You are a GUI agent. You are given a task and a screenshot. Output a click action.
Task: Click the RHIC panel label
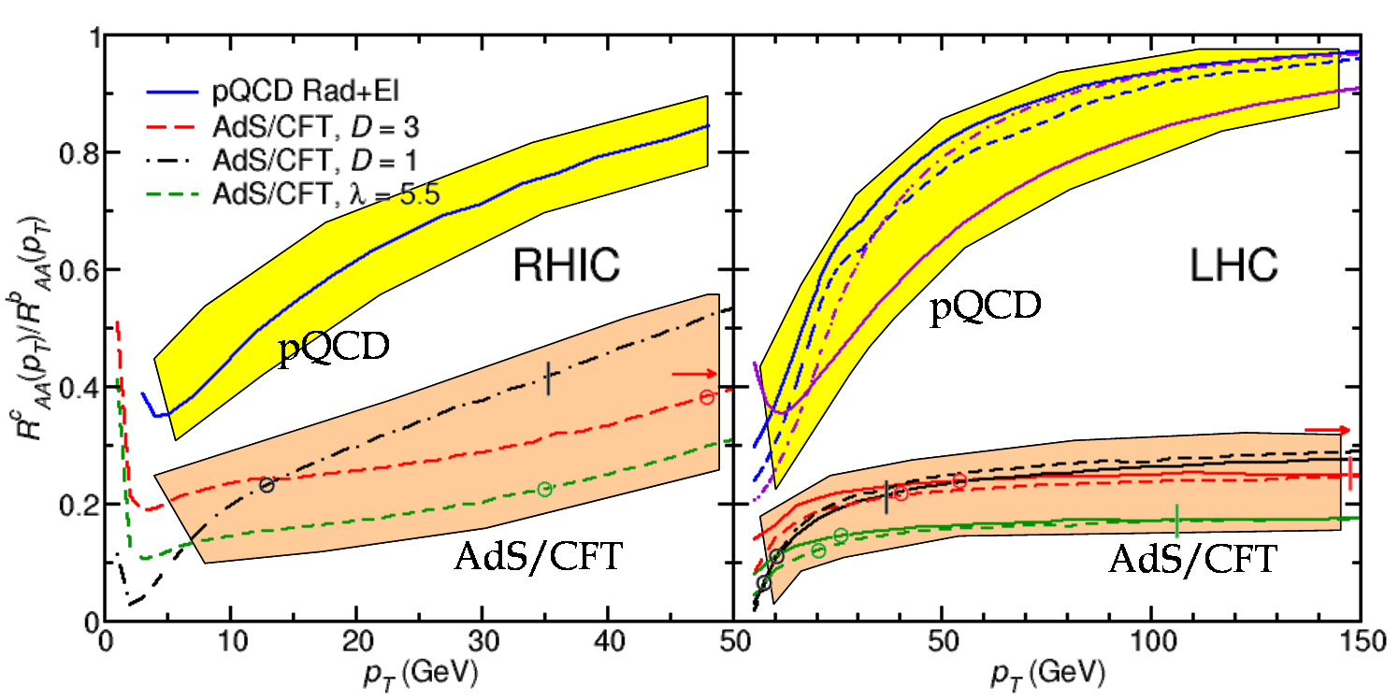566,267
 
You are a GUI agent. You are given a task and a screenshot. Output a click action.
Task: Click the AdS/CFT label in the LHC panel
1192,559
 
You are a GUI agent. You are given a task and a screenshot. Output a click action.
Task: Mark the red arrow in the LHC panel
1327,430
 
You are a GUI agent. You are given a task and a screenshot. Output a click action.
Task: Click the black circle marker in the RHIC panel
267,484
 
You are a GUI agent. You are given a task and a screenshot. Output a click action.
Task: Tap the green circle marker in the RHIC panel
544,489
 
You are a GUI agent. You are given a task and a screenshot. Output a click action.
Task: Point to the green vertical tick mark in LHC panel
1176,521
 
